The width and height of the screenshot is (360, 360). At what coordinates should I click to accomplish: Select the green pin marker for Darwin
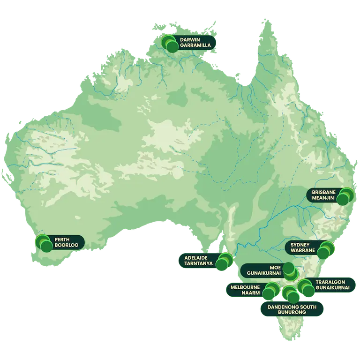pyautogui.click(x=171, y=44)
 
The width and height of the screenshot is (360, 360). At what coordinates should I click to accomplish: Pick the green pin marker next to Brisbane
pyautogui.click(x=345, y=196)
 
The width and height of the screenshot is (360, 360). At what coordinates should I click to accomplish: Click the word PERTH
pyautogui.click(x=62, y=239)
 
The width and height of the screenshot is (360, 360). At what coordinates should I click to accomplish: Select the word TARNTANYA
pyautogui.click(x=196, y=263)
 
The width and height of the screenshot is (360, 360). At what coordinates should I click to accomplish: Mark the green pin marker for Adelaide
pyautogui.click(x=224, y=262)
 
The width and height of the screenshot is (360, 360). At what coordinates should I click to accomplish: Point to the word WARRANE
pyautogui.click(x=301, y=251)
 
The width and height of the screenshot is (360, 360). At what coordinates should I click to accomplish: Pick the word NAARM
pyautogui.click(x=251, y=292)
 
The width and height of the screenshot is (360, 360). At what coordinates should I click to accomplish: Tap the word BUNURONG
pyautogui.click(x=292, y=312)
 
